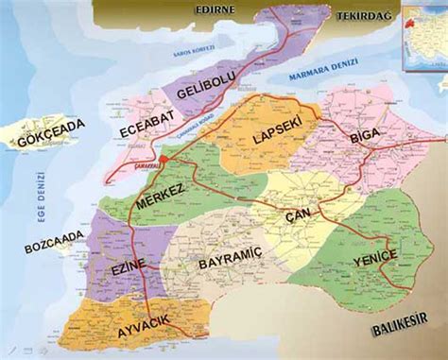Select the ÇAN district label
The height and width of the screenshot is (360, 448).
click(x=297, y=216)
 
